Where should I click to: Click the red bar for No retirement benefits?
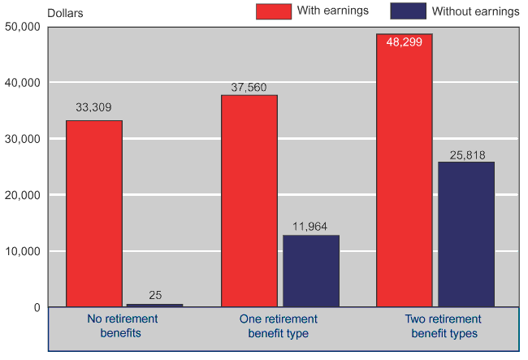[x=94, y=214]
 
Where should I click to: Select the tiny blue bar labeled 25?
[x=154, y=305]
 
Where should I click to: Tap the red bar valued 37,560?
[x=249, y=201]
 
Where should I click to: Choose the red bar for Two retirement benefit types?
[x=404, y=171]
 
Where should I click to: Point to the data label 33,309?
[x=94, y=106]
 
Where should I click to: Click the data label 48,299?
[x=404, y=42]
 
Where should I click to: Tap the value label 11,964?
[x=311, y=227]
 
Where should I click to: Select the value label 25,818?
[x=466, y=154]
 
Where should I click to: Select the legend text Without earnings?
[x=475, y=11]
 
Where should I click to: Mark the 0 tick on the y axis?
[x=36, y=307]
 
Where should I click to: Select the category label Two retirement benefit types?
[x=444, y=326]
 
